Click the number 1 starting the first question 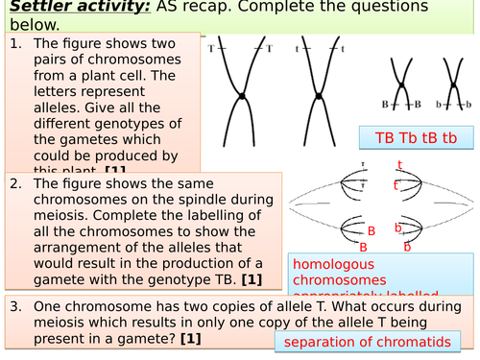click(15, 44)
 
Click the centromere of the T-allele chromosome click(239, 98)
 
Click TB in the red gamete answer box click(379, 138)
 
